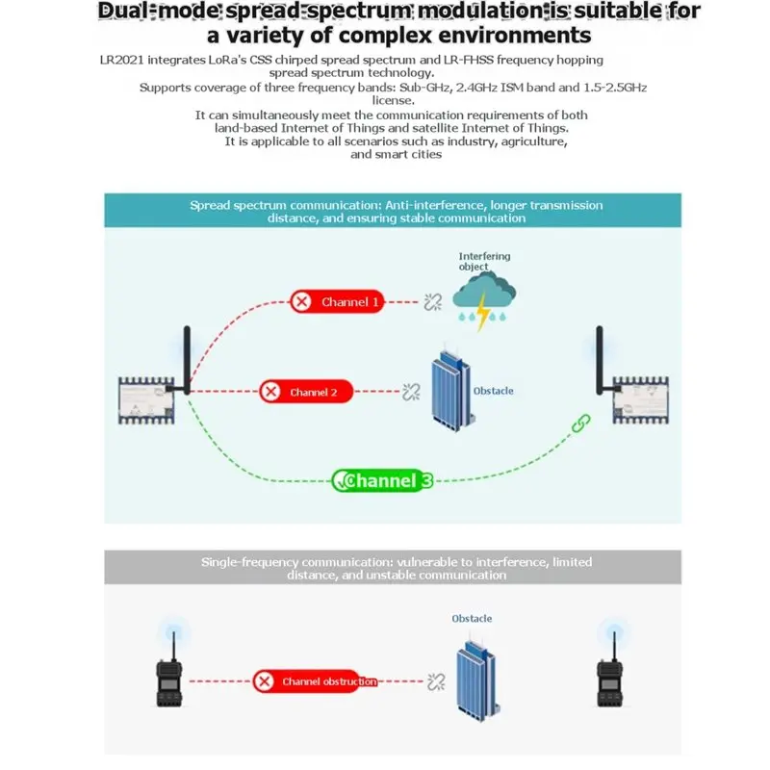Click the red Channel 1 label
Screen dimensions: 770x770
(x=337, y=301)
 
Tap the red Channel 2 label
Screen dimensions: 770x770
(x=306, y=392)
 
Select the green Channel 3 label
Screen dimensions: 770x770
(x=382, y=480)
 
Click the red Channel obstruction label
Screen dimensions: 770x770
(x=315, y=681)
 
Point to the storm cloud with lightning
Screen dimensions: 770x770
(x=484, y=300)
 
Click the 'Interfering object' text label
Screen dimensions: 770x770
(x=484, y=261)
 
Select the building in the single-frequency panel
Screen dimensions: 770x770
(x=477, y=681)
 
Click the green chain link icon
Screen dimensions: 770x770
(x=581, y=423)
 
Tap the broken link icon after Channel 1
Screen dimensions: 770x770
(x=432, y=302)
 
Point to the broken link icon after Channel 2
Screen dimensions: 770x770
(x=411, y=392)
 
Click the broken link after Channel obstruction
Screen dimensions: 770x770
(x=436, y=681)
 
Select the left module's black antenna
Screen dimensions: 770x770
(x=187, y=360)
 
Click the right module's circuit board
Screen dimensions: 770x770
(x=640, y=400)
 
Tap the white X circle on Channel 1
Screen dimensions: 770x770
(x=301, y=301)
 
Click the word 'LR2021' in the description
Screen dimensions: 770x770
(x=122, y=60)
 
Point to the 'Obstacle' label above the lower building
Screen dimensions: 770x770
(x=472, y=618)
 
